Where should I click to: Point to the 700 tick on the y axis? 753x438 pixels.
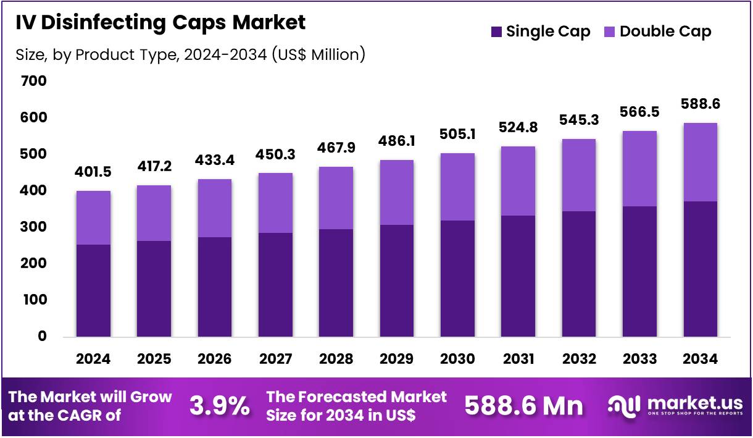coord(33,81)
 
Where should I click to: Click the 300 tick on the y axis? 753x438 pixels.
coord(33,227)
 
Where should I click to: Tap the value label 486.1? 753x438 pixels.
coord(397,141)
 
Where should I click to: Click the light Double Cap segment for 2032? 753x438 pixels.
coord(579,175)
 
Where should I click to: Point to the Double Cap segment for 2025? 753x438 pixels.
coord(154,213)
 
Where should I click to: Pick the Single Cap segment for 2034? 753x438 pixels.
coord(700,269)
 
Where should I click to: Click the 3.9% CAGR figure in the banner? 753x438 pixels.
coord(220,406)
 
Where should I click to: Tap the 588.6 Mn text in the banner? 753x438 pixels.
coord(523,406)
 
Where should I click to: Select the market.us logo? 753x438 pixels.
coord(675,406)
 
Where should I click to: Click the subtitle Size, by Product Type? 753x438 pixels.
coord(190,55)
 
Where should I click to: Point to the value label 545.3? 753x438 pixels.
coord(579,119)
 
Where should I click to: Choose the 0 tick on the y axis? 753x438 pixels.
coord(42,336)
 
